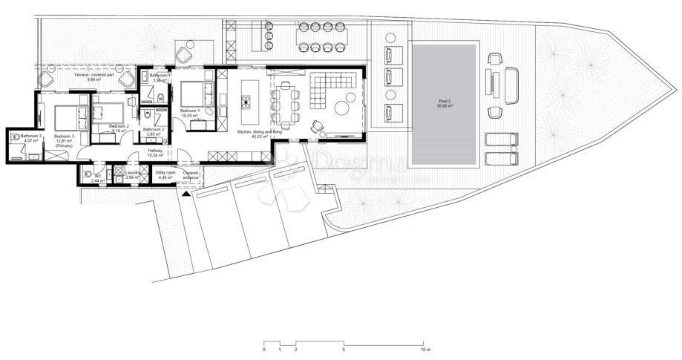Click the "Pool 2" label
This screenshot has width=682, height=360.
(445, 101)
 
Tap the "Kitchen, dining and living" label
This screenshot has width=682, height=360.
(260, 131)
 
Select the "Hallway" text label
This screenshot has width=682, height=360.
(155, 151)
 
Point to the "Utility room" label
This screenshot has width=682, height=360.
(165, 172)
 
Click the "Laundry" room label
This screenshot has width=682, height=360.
(133, 173)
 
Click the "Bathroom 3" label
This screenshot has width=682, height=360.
(30, 136)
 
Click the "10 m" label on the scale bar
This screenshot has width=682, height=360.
(424, 349)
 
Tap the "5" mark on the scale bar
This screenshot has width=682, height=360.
(344, 349)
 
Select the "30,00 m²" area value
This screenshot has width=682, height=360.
(445, 106)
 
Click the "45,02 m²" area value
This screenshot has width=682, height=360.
(260, 137)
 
